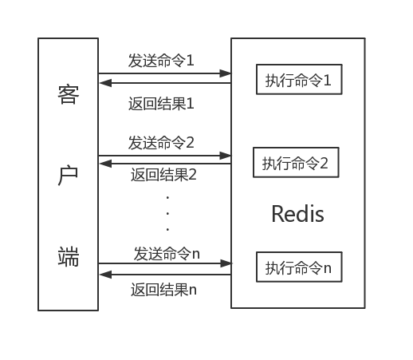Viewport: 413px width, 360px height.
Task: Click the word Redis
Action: pyautogui.click(x=297, y=214)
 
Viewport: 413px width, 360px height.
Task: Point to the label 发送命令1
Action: pyautogui.click(x=161, y=61)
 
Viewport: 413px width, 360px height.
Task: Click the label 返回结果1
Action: pyautogui.click(x=161, y=104)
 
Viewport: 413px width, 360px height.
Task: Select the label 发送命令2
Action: pyautogui.click(x=161, y=143)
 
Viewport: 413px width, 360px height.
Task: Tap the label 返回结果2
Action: pyautogui.click(x=163, y=175)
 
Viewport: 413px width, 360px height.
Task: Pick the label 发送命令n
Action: pyautogui.click(x=167, y=254)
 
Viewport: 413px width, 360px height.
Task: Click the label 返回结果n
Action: pyautogui.click(x=163, y=290)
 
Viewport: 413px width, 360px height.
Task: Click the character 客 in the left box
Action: pyautogui.click(x=69, y=94)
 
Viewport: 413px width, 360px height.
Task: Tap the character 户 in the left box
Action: pyautogui.click(x=68, y=176)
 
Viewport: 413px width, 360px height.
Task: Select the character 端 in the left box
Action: pyautogui.click(x=69, y=256)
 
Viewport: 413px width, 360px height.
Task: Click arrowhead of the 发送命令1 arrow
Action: pyautogui.click(x=226, y=73)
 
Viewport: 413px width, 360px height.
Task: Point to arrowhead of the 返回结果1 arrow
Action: pyautogui.click(x=105, y=83)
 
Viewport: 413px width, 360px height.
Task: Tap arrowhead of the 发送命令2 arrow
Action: pyautogui.click(x=226, y=156)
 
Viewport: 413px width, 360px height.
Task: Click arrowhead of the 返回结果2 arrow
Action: pyautogui.click(x=105, y=164)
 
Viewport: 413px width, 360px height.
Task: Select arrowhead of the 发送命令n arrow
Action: pyautogui.click(x=226, y=263)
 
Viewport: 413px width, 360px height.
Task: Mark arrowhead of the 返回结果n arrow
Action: pyautogui.click(x=105, y=275)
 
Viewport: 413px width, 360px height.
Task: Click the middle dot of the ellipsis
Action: pyautogui.click(x=167, y=213)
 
